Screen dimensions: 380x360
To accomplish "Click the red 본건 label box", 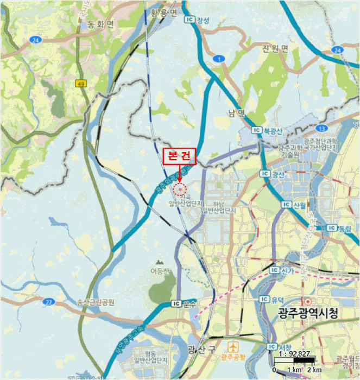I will click(179, 156).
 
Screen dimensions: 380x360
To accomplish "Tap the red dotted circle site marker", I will click(179, 189).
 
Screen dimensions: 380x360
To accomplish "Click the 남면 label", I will click(237, 112).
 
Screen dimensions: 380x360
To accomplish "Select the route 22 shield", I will click(49, 302).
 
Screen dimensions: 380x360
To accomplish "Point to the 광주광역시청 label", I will click(308, 313).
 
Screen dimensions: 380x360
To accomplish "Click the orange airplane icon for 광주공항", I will click(233, 346).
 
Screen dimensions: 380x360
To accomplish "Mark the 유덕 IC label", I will click(272, 299).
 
